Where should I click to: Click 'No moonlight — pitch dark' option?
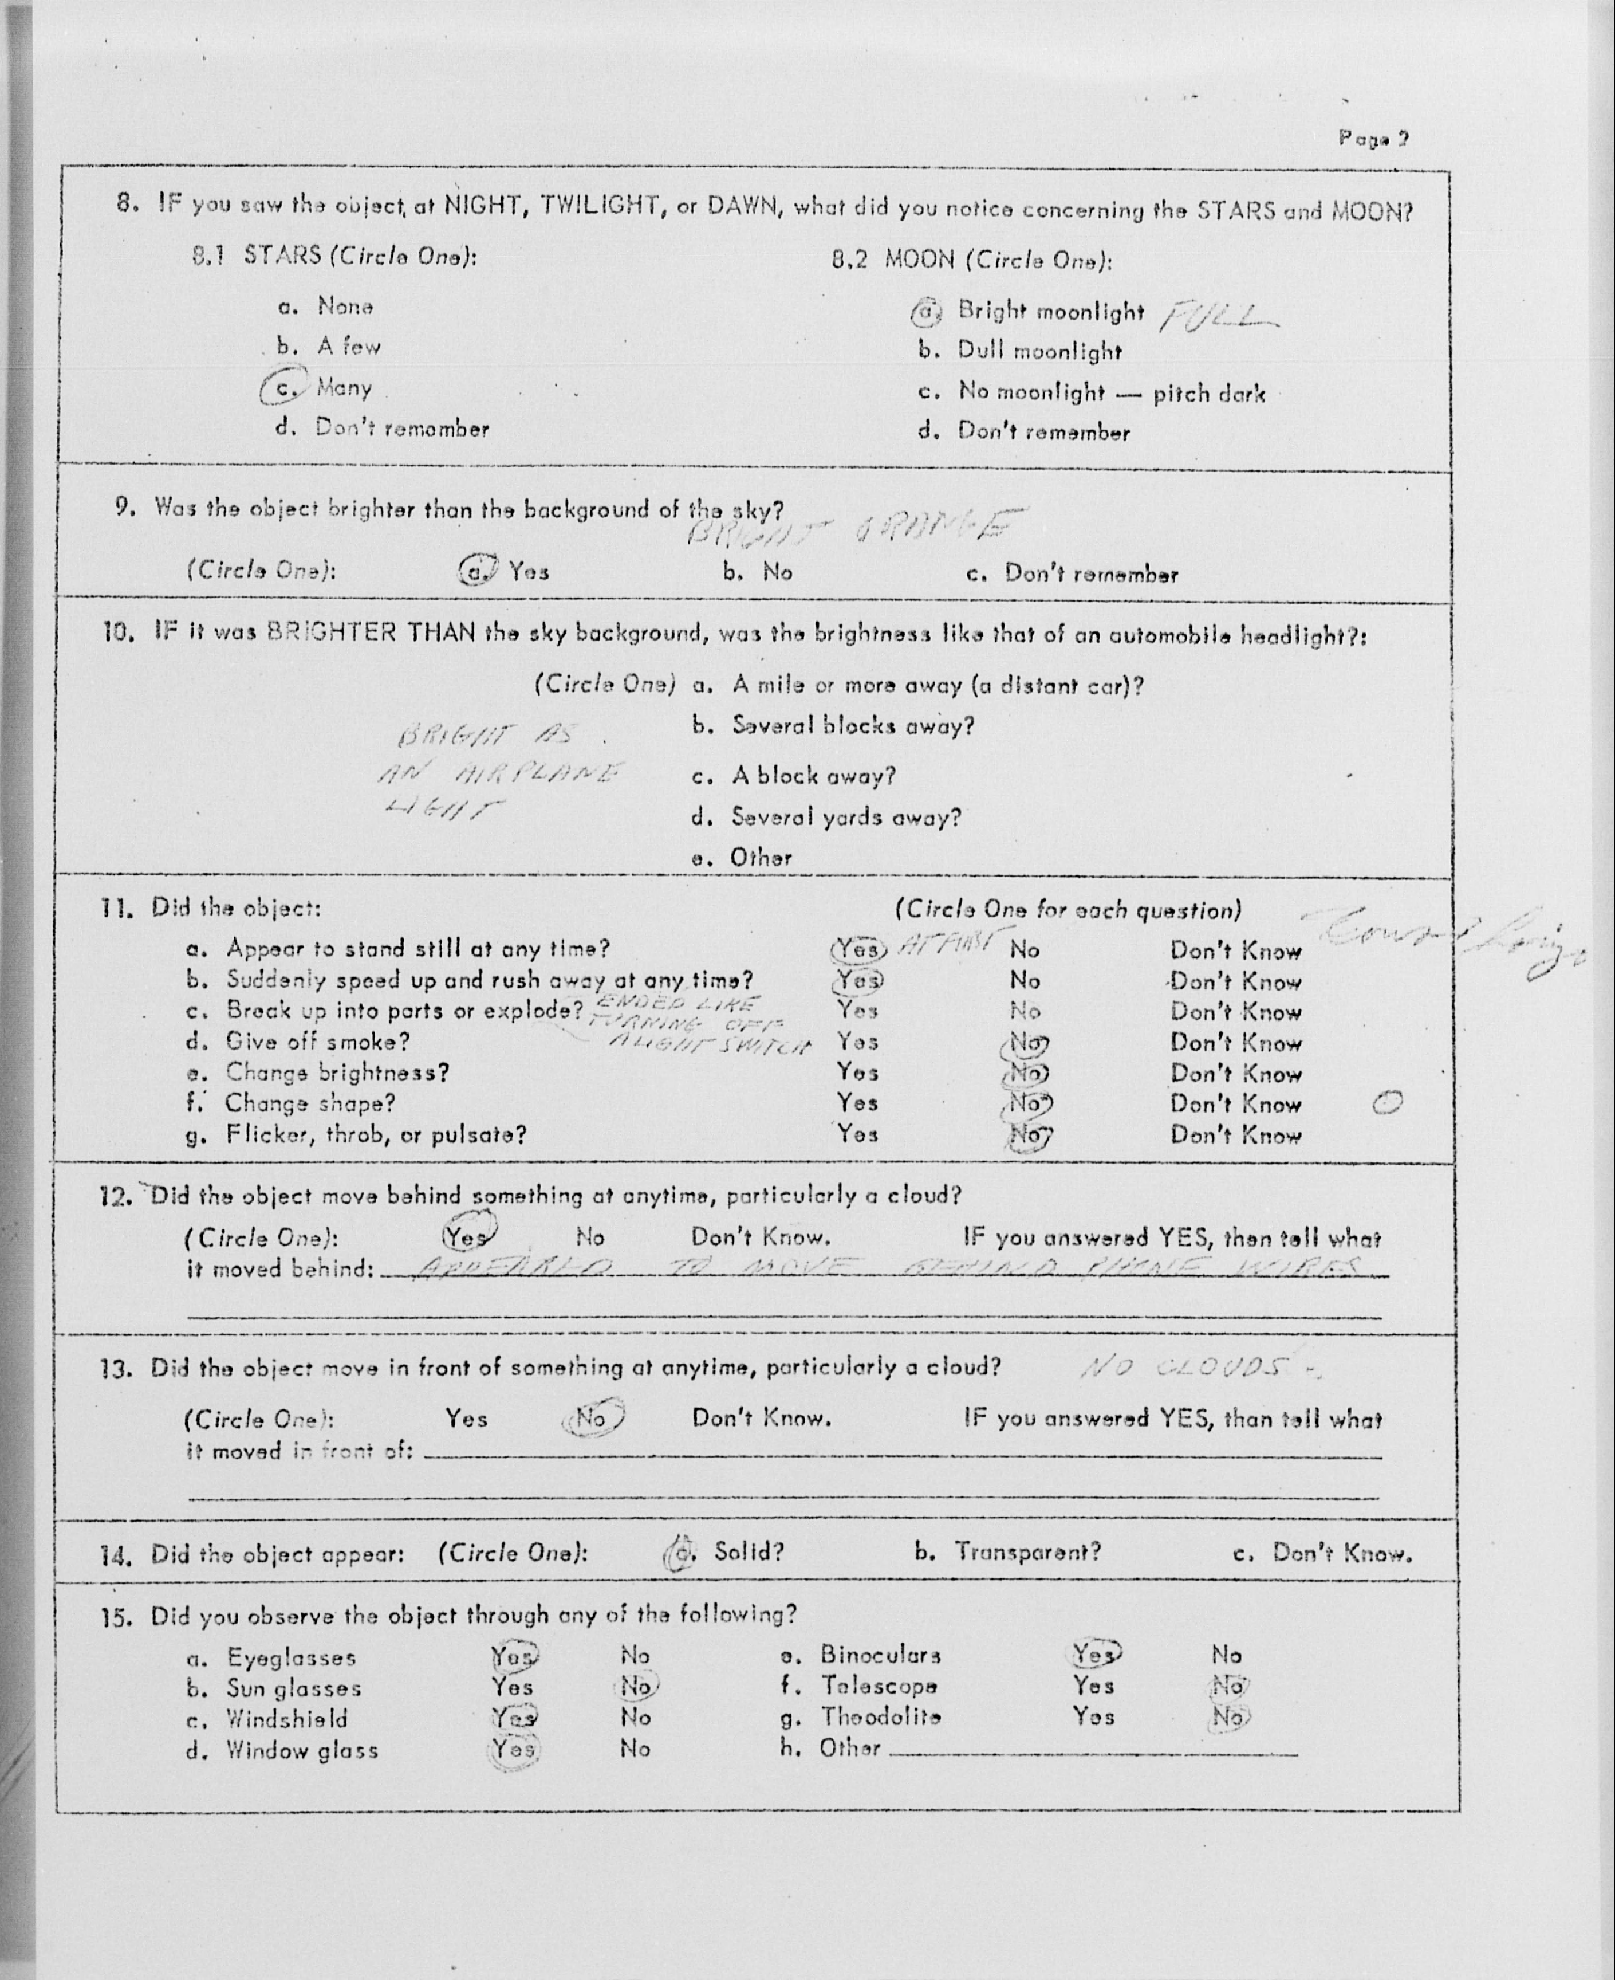(1111, 392)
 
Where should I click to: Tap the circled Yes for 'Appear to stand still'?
(855, 949)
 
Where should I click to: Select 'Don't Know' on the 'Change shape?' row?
(1235, 1105)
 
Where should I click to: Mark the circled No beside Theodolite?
(1229, 1716)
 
